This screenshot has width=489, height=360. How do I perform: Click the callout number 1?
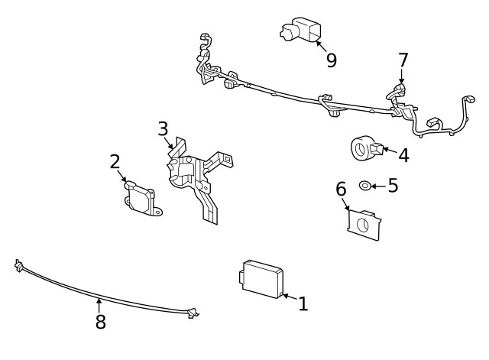[x=303, y=304]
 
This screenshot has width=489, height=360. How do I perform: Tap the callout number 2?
[x=115, y=161]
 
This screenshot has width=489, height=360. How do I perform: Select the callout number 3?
[x=163, y=128]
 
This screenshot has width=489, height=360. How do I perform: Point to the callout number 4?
[x=403, y=155]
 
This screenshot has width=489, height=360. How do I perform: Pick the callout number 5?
[x=393, y=186]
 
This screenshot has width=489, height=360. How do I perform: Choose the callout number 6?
[x=342, y=188]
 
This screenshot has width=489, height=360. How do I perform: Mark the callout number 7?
[x=403, y=60]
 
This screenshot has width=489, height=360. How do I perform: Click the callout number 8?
[x=100, y=322]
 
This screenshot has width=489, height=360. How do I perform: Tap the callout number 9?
[x=331, y=60]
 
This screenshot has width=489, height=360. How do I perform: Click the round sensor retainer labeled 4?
[x=363, y=148]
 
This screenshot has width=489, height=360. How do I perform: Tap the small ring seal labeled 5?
[x=366, y=186]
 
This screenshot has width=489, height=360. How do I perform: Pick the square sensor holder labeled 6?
[x=363, y=223]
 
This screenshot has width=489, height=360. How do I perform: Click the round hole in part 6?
[x=364, y=225]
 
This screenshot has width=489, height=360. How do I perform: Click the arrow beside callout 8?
[x=99, y=305]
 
